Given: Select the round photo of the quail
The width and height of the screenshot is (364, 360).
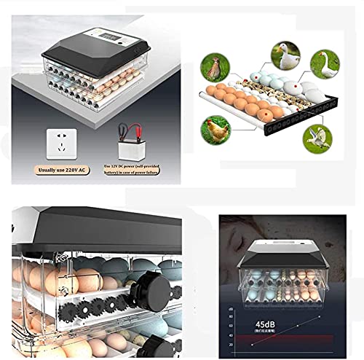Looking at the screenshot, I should click(214, 66).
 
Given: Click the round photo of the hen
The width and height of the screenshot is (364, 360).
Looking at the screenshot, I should click(218, 130).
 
